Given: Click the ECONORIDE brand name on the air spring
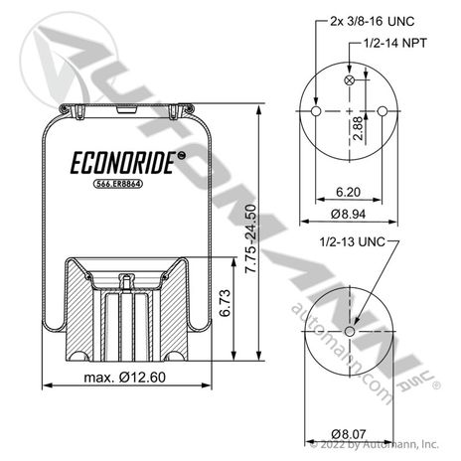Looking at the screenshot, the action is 123,163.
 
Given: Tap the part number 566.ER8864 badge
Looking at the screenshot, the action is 118,184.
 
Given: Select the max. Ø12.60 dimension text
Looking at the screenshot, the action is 125,378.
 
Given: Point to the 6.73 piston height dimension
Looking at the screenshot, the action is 225,303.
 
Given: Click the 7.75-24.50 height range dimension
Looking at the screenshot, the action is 250,238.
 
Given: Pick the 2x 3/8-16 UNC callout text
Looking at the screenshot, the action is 373,22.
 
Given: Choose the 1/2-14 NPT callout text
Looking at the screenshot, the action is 395,43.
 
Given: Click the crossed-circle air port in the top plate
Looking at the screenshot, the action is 350,80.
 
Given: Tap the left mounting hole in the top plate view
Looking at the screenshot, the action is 316,111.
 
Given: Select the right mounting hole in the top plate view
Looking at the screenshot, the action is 382,111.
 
